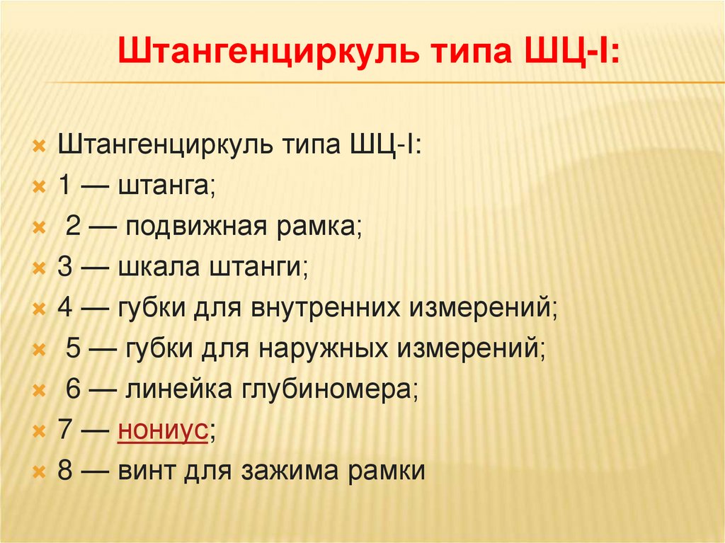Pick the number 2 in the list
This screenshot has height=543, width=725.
tap(74, 227)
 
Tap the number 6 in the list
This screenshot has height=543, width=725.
tap(74, 388)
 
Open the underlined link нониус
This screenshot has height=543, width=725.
tap(163, 429)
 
